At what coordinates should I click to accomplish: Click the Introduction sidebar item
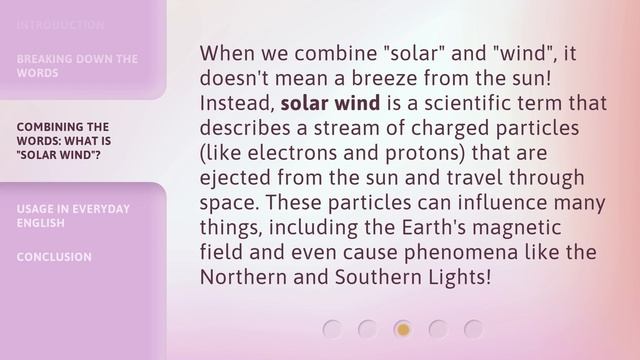60,25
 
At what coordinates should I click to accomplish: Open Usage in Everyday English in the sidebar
73,215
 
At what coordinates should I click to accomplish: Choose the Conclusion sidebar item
54,257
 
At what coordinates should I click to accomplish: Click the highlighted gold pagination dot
403,328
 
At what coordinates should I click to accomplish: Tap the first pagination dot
333,328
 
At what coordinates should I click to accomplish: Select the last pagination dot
473,328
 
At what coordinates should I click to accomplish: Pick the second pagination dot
368,328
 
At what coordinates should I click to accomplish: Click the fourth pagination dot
438,328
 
